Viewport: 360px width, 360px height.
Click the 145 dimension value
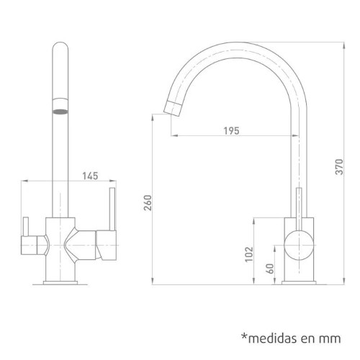point(91,175)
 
